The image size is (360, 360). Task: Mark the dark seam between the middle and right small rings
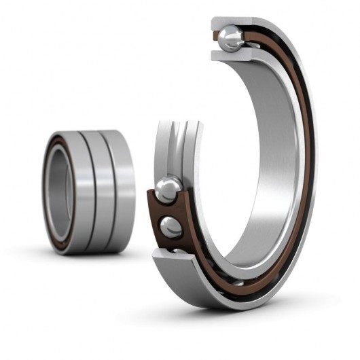(110, 192)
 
